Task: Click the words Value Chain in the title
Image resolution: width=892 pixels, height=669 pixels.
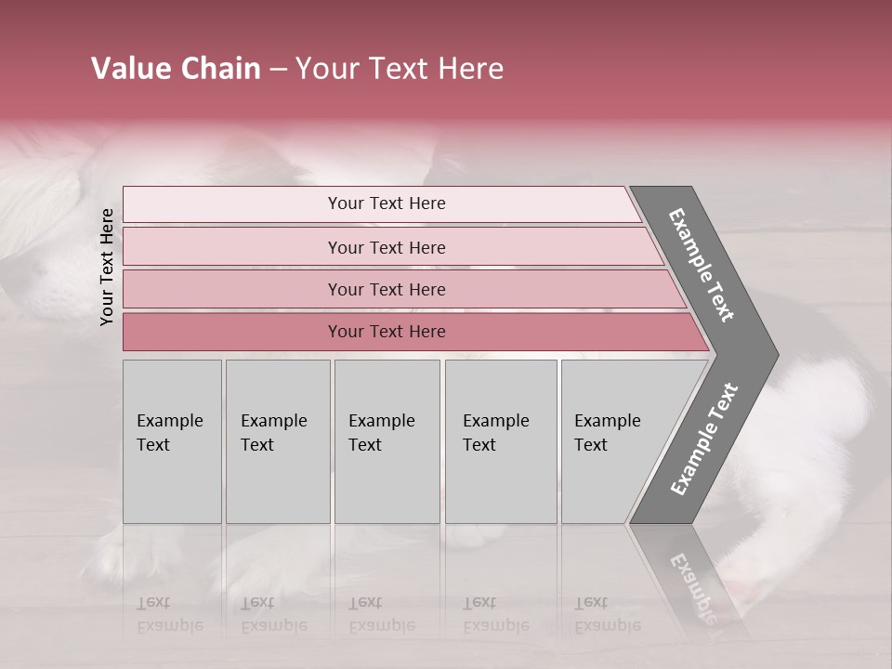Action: (176, 69)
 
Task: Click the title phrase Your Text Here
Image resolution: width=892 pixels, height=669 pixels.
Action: (400, 69)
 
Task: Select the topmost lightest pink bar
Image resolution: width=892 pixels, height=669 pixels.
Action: (386, 203)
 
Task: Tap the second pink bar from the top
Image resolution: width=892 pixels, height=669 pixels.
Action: (386, 247)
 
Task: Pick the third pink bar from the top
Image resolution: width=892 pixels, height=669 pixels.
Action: (386, 289)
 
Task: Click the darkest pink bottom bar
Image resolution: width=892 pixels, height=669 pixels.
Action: (386, 332)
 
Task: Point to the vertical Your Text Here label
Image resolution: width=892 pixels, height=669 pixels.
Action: (107, 267)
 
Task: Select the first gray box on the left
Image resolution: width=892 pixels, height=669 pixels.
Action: (172, 441)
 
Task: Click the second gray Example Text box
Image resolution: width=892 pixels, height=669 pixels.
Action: (277, 441)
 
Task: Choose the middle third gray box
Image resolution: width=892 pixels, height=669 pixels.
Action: (387, 441)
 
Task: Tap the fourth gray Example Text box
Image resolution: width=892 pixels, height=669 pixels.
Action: (500, 441)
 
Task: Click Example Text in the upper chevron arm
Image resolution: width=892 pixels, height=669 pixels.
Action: (702, 265)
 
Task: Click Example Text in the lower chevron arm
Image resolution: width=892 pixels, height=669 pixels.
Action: (703, 439)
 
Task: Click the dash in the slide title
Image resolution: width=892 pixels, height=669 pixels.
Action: (278, 69)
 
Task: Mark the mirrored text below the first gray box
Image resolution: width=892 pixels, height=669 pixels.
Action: (169, 614)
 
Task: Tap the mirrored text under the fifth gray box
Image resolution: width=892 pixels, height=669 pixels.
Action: (607, 614)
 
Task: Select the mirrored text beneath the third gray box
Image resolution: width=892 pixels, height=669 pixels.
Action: (381, 614)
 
